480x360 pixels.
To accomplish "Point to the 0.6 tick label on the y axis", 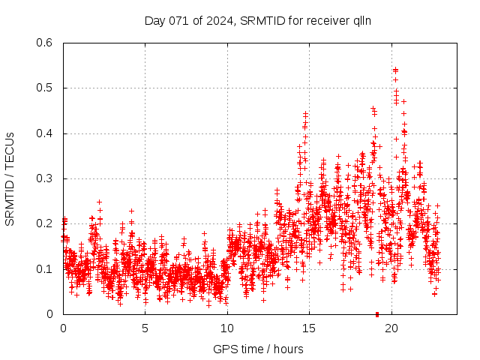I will coord(44,43).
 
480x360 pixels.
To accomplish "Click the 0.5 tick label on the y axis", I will coord(44,88).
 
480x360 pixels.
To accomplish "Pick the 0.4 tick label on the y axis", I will coord(44,133).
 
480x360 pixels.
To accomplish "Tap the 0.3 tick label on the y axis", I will coord(44,178).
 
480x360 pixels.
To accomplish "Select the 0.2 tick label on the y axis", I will coord(44,223).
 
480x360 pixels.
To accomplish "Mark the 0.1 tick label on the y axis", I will coord(44,268).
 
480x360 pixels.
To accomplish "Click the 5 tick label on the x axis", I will coord(145,328).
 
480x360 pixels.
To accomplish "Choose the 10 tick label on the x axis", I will coord(227,328).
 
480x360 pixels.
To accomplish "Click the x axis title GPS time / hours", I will coord(258,349).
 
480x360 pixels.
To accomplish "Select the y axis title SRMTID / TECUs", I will coord(10,178).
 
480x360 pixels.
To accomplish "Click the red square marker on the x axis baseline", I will coord(377,313).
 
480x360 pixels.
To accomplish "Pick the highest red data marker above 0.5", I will coord(395,70).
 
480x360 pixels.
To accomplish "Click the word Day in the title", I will coord(154,20).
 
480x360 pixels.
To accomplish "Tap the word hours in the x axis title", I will coord(289,349).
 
